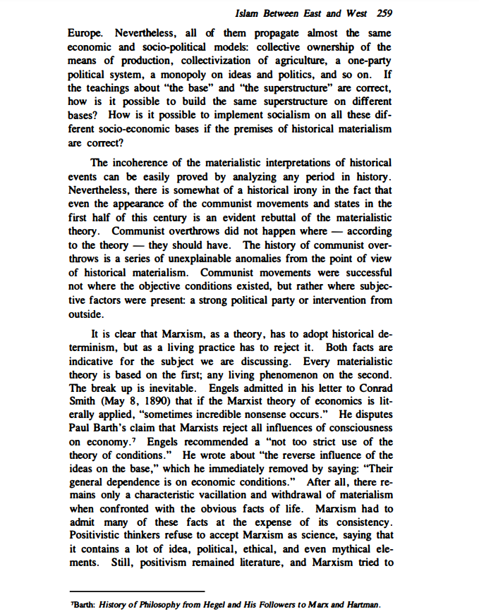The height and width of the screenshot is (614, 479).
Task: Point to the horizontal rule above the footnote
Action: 138,591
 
